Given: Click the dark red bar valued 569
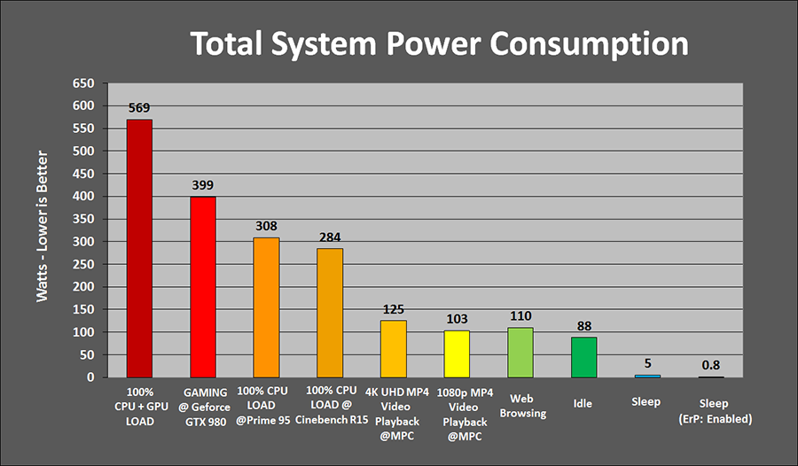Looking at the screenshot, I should pos(139,248).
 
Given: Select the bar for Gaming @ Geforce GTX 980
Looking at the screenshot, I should pos(203,287).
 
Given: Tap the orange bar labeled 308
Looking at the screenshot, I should pos(266,307).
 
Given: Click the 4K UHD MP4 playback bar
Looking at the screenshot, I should pos(394,349).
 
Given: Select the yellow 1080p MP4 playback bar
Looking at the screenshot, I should pos(457,354).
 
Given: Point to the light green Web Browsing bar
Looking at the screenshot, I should pos(520,353).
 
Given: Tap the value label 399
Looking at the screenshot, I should pos(203,185).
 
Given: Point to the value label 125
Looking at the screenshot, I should pos(394,309).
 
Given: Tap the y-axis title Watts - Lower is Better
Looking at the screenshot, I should pos(43,230).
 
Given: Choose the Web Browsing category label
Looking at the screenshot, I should pos(520,408).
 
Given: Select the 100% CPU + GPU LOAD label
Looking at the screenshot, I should pos(139,406).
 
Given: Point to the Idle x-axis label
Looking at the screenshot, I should pos(583,403).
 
